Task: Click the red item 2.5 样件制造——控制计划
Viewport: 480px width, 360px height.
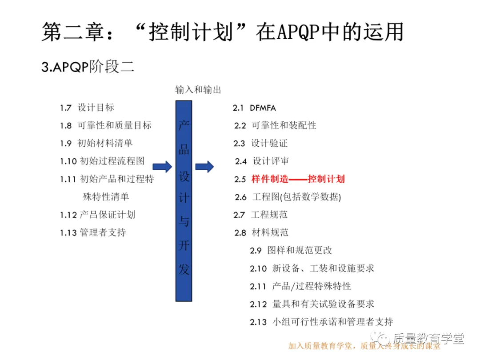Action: (x=289, y=179)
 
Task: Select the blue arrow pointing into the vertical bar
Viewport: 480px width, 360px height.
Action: (x=162, y=167)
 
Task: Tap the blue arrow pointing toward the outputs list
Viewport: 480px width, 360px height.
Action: (x=204, y=167)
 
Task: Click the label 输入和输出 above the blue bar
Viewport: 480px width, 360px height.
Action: (x=198, y=90)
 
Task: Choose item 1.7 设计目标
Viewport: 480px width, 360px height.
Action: (x=87, y=108)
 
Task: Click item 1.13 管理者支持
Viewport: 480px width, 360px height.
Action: (x=93, y=232)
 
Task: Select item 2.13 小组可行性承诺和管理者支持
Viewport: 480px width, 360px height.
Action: (x=321, y=322)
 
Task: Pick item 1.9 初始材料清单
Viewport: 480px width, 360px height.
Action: (x=96, y=143)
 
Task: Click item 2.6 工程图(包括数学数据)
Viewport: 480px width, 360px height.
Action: (x=288, y=197)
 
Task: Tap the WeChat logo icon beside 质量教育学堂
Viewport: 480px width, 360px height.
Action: (x=381, y=338)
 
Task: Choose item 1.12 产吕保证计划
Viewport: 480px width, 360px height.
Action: (x=97, y=215)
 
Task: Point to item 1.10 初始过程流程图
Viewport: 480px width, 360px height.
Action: (x=102, y=161)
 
